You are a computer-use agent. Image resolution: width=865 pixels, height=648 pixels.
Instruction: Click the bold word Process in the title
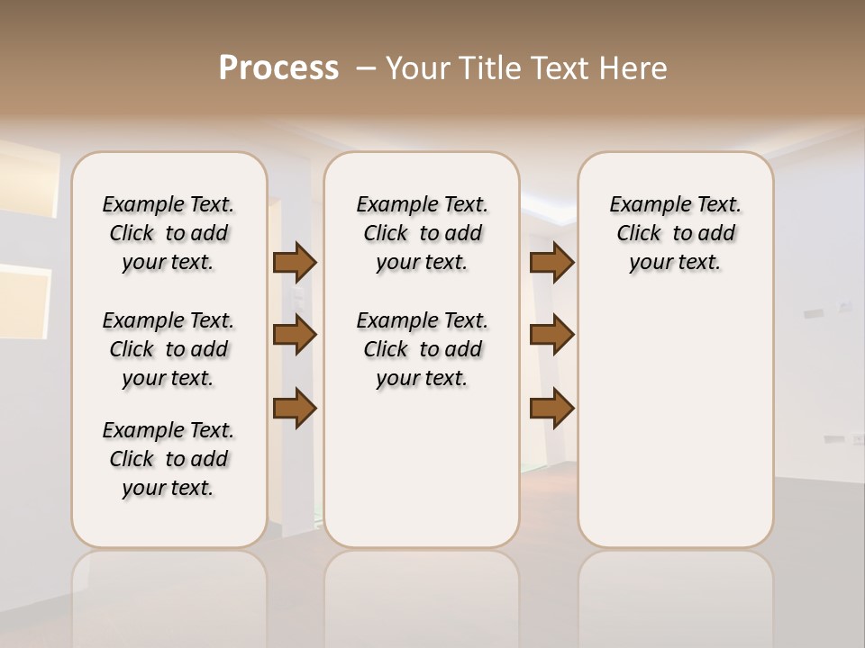tap(278, 68)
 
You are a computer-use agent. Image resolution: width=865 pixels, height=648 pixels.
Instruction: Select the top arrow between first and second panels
tap(295, 262)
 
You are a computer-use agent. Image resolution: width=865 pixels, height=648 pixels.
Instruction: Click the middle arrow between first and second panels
tap(295, 335)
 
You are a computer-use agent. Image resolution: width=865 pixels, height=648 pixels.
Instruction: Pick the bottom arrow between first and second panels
tap(295, 408)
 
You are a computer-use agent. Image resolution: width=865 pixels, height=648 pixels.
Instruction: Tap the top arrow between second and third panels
tap(551, 262)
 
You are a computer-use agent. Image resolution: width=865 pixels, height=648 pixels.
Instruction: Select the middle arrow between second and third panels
tap(551, 335)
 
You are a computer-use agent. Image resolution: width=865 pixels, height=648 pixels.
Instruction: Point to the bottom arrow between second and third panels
tap(551, 408)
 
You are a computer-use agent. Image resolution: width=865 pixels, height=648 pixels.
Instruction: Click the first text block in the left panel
tap(168, 233)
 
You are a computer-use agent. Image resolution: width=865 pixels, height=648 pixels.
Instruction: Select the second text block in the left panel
tap(168, 349)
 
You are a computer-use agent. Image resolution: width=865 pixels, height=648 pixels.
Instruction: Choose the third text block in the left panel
tap(168, 459)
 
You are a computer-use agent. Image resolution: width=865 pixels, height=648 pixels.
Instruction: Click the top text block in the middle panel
tap(422, 233)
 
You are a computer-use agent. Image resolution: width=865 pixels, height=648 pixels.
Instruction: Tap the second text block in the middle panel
tap(422, 349)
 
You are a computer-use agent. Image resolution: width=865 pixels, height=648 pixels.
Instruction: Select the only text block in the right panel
tap(675, 233)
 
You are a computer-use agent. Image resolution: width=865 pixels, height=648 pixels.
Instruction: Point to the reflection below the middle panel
tap(422, 594)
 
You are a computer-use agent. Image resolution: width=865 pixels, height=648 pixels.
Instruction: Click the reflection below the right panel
tap(675, 594)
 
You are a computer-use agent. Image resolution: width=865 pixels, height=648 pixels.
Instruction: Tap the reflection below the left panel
tap(168, 594)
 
